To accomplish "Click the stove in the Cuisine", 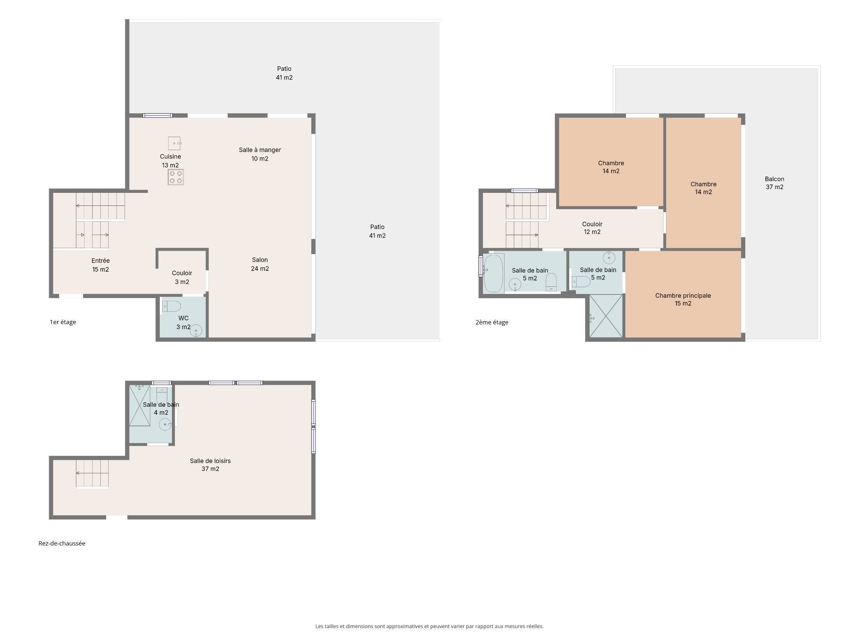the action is point(176,177).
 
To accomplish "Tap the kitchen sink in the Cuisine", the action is point(174,143).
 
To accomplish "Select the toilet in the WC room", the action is point(171,306).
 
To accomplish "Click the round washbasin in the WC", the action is point(196,331).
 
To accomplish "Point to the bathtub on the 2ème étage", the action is point(493,273).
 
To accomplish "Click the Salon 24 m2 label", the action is point(260,264).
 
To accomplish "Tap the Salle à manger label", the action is point(260,150).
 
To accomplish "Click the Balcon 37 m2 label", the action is point(774,183).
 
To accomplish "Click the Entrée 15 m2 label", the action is point(101,265).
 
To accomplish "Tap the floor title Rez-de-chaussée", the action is point(62,543).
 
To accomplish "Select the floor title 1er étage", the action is point(63,322).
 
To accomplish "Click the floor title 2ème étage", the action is point(492,322).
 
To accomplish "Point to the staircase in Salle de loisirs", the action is point(92,474).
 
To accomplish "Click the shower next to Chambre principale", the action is point(606,316).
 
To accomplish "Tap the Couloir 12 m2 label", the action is point(592,228).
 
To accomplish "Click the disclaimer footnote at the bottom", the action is point(429,626).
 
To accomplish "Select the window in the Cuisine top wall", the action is point(157,115).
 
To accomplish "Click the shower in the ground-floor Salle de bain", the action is point(140,405).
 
